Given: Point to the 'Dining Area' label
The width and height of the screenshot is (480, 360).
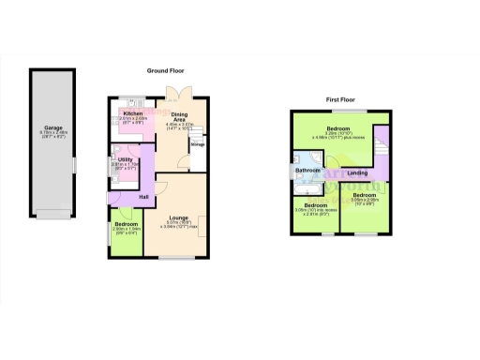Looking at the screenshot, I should [x=178, y=116].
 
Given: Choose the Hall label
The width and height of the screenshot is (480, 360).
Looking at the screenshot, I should [x=144, y=196].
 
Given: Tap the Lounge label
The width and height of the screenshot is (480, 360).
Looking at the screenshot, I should [x=178, y=217].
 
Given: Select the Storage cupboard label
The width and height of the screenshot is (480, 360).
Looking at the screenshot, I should [x=198, y=144].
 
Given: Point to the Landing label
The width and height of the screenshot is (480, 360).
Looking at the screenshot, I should [x=357, y=173].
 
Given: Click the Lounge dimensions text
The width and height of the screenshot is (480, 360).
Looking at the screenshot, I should [x=178, y=225].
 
